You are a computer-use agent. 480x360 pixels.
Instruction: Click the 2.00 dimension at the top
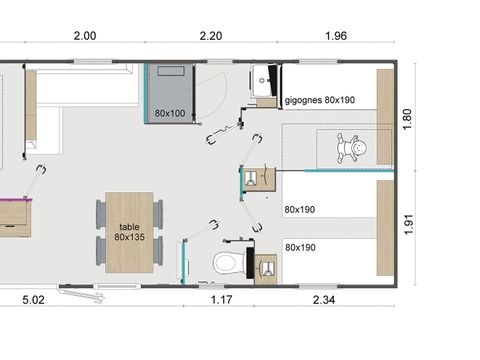click(x=85, y=36)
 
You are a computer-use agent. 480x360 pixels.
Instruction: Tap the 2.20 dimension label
click(x=211, y=36)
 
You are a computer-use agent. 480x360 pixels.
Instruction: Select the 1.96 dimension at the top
click(x=336, y=36)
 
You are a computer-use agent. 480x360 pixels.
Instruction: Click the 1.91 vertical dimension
click(x=409, y=225)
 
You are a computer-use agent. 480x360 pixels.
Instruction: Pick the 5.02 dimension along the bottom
click(x=33, y=300)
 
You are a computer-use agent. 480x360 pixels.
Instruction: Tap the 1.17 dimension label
click(x=221, y=300)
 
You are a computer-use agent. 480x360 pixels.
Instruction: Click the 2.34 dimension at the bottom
click(x=324, y=300)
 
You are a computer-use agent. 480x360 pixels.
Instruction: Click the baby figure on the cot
click(x=351, y=148)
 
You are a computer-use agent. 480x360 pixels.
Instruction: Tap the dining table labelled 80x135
click(x=129, y=232)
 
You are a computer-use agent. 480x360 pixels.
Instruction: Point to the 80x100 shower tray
click(x=170, y=93)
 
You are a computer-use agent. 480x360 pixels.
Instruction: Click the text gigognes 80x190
click(x=320, y=100)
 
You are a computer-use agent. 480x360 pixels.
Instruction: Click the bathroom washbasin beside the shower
click(x=263, y=81)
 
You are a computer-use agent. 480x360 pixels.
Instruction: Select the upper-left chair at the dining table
click(x=101, y=214)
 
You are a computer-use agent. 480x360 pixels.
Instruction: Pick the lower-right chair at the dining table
click(x=158, y=251)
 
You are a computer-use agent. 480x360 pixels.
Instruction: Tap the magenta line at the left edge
click(x=16, y=200)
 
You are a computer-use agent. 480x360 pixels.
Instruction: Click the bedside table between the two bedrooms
click(x=259, y=179)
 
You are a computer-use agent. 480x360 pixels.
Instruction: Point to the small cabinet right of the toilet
click(x=266, y=269)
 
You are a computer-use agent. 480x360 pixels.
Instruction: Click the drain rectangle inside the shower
click(x=171, y=71)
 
